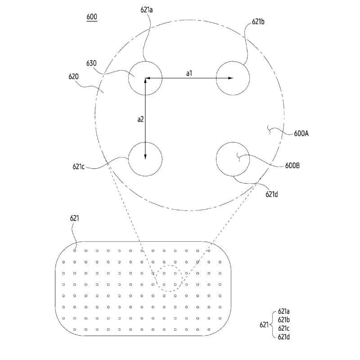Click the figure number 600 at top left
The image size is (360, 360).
click(x=92, y=17)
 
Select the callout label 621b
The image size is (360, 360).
click(x=258, y=21)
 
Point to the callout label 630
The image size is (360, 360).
click(x=91, y=63)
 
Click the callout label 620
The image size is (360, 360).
click(x=74, y=76)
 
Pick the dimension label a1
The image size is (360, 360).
click(x=189, y=72)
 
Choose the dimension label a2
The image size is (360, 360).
click(x=140, y=119)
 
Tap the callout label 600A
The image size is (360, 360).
click(x=301, y=134)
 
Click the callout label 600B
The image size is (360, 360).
click(x=293, y=165)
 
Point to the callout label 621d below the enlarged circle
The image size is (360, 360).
click(x=272, y=194)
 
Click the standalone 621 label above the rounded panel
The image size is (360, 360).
click(x=75, y=218)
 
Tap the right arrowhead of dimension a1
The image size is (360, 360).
click(x=231, y=78)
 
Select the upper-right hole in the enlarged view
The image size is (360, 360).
click(x=233, y=78)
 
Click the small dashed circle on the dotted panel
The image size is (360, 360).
click(x=169, y=279)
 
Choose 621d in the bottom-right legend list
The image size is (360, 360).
click(x=284, y=337)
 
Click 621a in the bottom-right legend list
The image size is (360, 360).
click(x=284, y=311)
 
